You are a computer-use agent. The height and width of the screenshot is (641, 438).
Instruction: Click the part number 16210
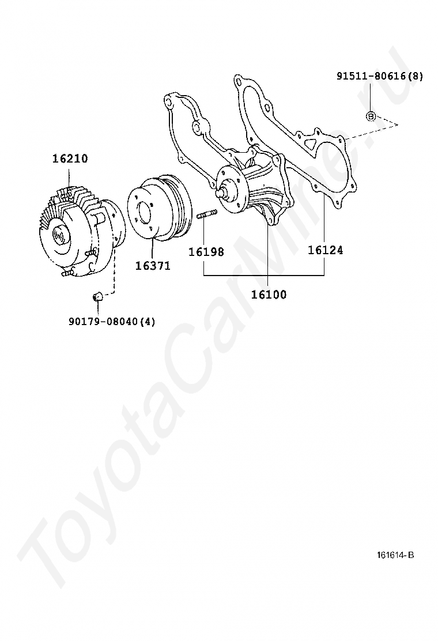pos(70,159)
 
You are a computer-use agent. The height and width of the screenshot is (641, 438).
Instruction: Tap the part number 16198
pos(206,252)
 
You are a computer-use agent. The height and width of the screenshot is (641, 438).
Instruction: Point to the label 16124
pos(325,250)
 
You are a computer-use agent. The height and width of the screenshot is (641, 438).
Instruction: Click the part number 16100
pos(269,295)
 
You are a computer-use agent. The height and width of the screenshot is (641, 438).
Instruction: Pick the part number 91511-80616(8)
pos(380,76)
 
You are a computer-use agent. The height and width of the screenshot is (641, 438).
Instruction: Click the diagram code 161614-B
pos(395,555)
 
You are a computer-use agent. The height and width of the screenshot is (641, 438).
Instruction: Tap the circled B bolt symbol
pos(371,116)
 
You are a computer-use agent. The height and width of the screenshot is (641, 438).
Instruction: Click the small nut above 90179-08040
pos(97,296)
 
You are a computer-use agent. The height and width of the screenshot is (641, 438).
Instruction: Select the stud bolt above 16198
pos(206,216)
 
